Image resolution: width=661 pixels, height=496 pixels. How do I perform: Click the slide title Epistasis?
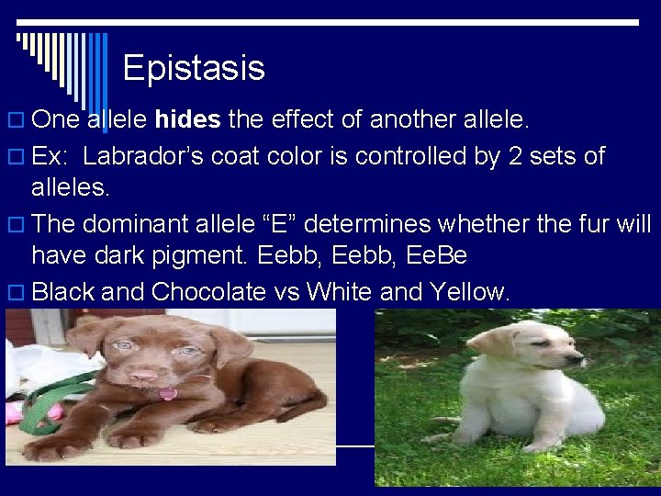click(193, 68)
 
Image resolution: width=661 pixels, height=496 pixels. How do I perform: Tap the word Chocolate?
click(209, 292)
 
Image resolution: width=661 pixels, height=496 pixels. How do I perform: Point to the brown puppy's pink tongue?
click(167, 394)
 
